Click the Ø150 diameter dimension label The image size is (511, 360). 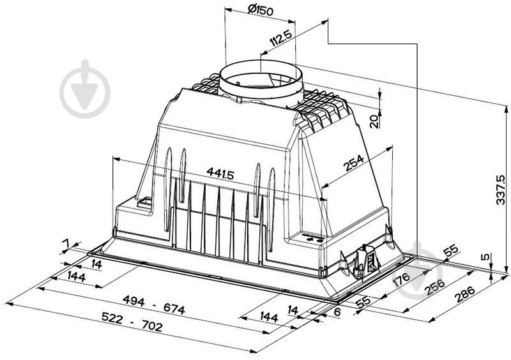click(261, 10)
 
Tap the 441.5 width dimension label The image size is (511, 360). click(220, 173)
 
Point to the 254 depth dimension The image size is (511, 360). click(354, 163)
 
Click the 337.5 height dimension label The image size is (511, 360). click(500, 190)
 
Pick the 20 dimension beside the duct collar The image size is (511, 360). click(375, 121)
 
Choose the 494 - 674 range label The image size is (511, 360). click(153, 305)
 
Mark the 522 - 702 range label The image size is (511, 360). click(132, 322)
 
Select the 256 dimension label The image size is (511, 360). click(435, 287)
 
